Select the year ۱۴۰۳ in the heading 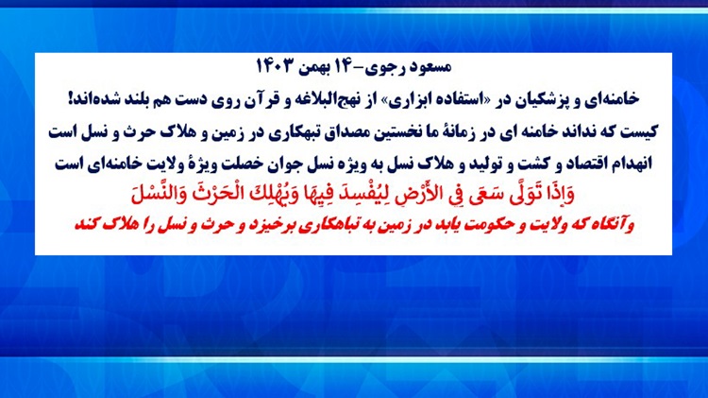click(x=275, y=66)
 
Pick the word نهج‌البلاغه click(x=327, y=99)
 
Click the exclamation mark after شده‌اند click(x=71, y=98)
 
